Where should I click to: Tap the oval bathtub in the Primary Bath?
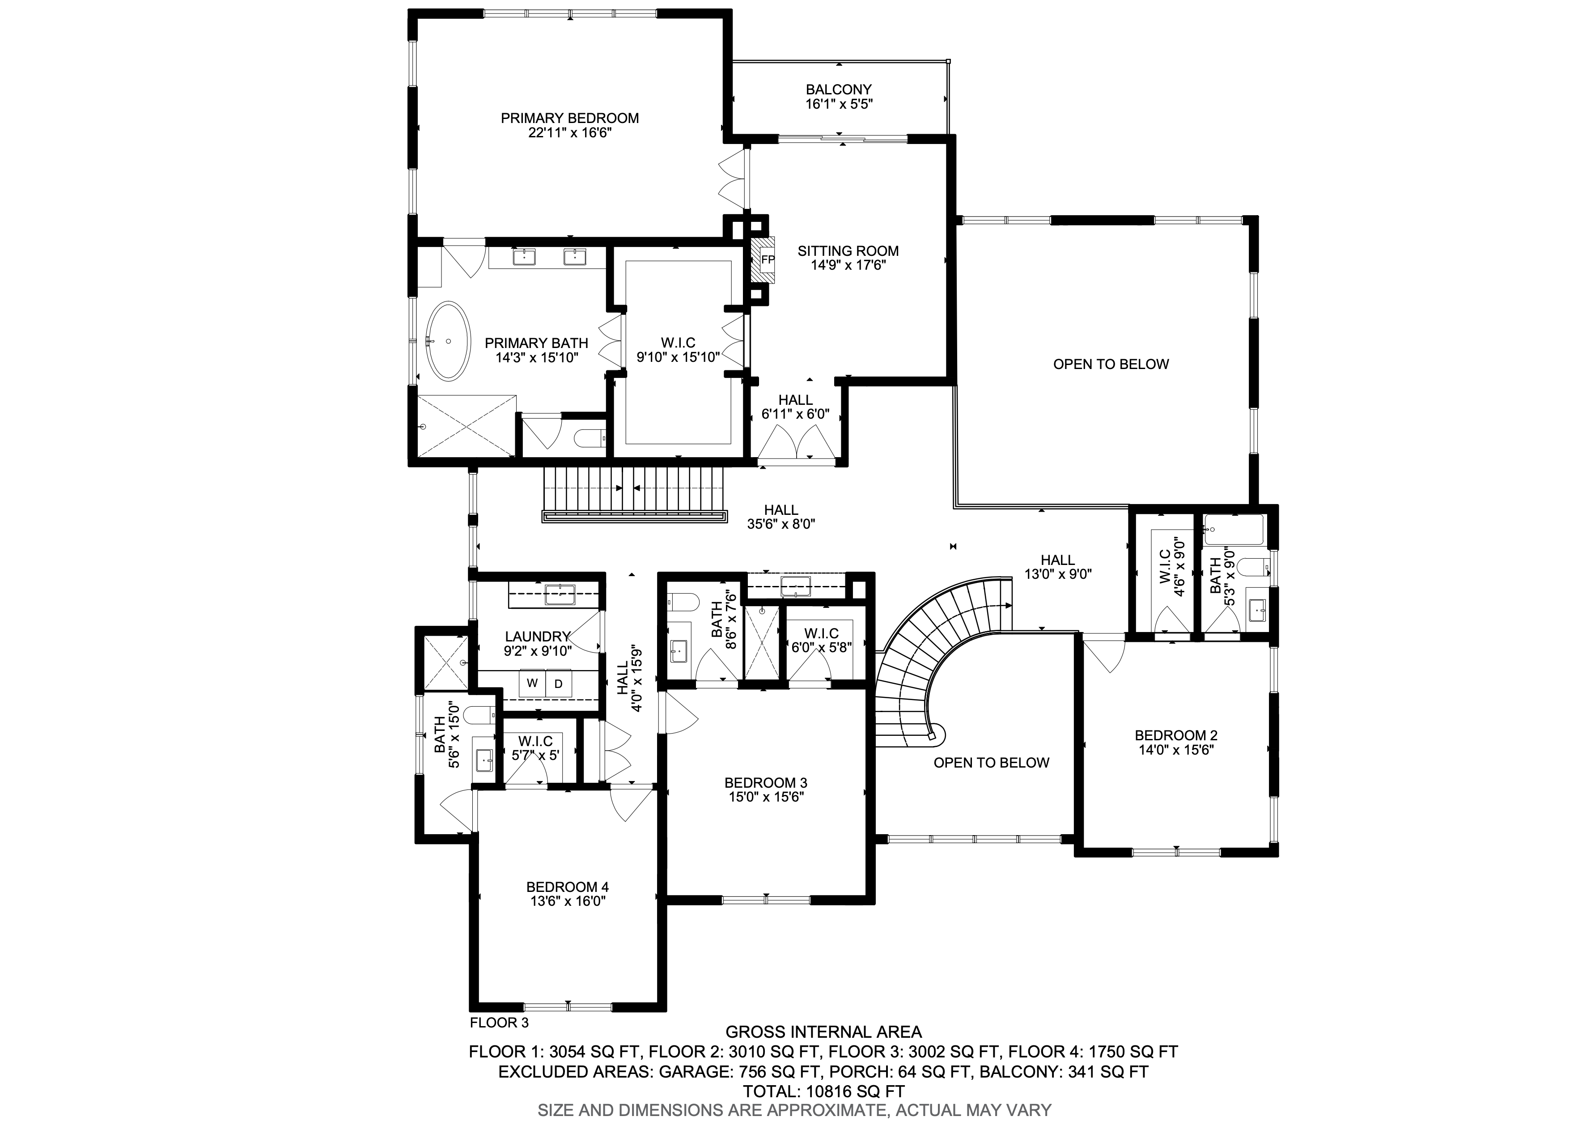(x=448, y=341)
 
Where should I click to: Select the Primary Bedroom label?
(x=570, y=118)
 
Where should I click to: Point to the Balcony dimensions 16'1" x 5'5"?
(x=839, y=104)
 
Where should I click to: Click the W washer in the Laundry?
(x=532, y=683)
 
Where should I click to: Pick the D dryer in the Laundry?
(x=558, y=683)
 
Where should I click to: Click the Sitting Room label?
(x=848, y=251)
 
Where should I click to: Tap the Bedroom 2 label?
(x=1176, y=735)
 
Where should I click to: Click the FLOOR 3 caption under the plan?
(x=499, y=1023)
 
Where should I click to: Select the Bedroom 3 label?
(x=766, y=783)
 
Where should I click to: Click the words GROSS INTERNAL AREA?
(x=823, y=1032)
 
